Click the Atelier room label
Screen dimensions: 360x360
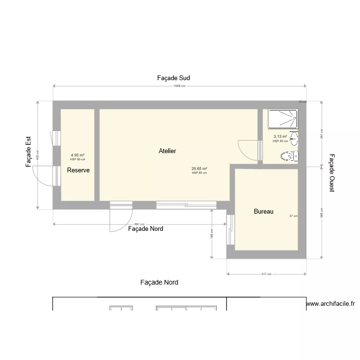(x=167, y=151)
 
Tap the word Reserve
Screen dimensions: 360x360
(x=78, y=170)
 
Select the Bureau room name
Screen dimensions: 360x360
(x=264, y=211)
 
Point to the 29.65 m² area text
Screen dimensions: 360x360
(x=199, y=168)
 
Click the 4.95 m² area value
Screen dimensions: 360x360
(x=77, y=155)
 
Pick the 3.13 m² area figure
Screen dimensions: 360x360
(x=280, y=137)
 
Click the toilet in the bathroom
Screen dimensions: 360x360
(x=289, y=156)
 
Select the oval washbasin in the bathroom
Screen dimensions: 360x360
(x=294, y=140)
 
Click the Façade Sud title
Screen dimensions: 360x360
(x=174, y=78)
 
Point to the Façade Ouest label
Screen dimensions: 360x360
(x=332, y=173)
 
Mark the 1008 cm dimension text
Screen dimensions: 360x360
(x=180, y=86)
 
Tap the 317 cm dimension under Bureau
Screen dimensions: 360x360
(x=266, y=274)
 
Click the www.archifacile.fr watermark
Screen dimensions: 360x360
(x=330, y=304)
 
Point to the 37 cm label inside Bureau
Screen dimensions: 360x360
(x=293, y=216)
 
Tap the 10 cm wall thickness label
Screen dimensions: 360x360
(x=302, y=102)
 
